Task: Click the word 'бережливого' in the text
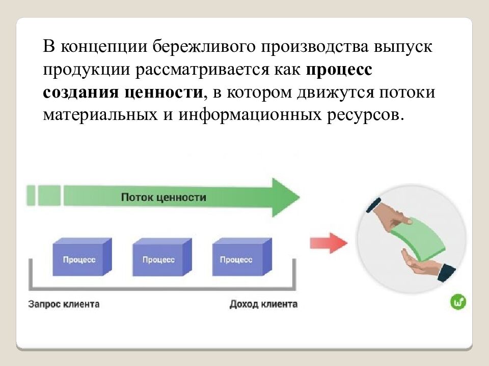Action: tap(204, 47)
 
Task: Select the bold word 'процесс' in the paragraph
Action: tap(339, 69)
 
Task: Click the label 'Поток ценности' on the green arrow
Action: tap(164, 197)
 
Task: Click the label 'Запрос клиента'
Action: tap(64, 304)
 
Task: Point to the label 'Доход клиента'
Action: tap(263, 304)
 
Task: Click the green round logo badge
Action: tap(458, 302)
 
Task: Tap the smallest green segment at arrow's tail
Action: tap(31, 195)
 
